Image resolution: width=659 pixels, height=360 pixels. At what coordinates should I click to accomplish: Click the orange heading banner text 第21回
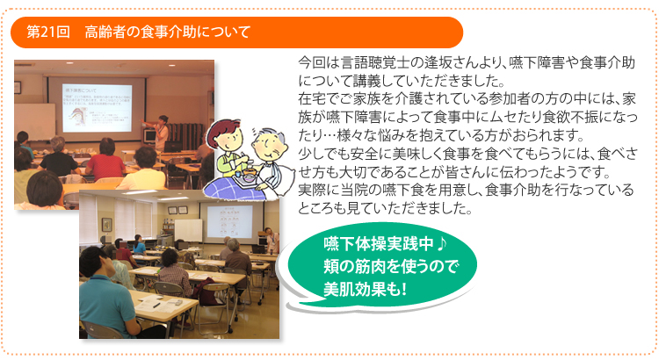pyautogui.click(x=48, y=32)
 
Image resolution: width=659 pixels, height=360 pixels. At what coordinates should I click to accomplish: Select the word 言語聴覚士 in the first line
pyautogui.click(x=375, y=62)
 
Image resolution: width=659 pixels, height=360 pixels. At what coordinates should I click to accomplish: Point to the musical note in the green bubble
pyautogui.click(x=441, y=243)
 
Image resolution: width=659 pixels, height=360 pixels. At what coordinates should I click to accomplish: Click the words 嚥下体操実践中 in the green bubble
pyautogui.click(x=379, y=244)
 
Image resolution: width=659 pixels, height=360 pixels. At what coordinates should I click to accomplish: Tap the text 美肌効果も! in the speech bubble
pyautogui.click(x=366, y=289)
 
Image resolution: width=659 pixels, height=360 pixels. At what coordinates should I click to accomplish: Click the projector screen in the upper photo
pyautogui.click(x=97, y=108)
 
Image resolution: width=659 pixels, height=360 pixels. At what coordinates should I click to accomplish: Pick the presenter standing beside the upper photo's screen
pyautogui.click(x=160, y=133)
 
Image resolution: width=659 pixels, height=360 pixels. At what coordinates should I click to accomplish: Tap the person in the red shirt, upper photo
pyautogui.click(x=105, y=160)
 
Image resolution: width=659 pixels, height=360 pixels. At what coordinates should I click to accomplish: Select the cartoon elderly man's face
pyautogui.click(x=272, y=147)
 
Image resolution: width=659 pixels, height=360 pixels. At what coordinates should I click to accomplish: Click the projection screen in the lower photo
pyautogui.click(x=229, y=221)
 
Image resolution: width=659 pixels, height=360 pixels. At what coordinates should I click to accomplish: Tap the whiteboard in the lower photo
pyautogui.click(x=188, y=230)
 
